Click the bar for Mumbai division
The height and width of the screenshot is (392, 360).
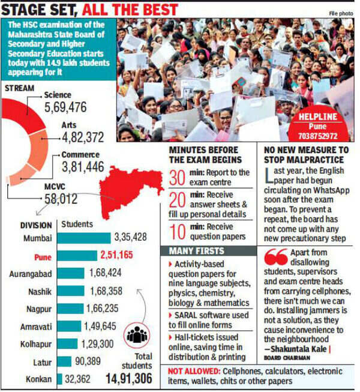coord(85,238)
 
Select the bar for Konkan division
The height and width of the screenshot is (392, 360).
coord(60,379)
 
